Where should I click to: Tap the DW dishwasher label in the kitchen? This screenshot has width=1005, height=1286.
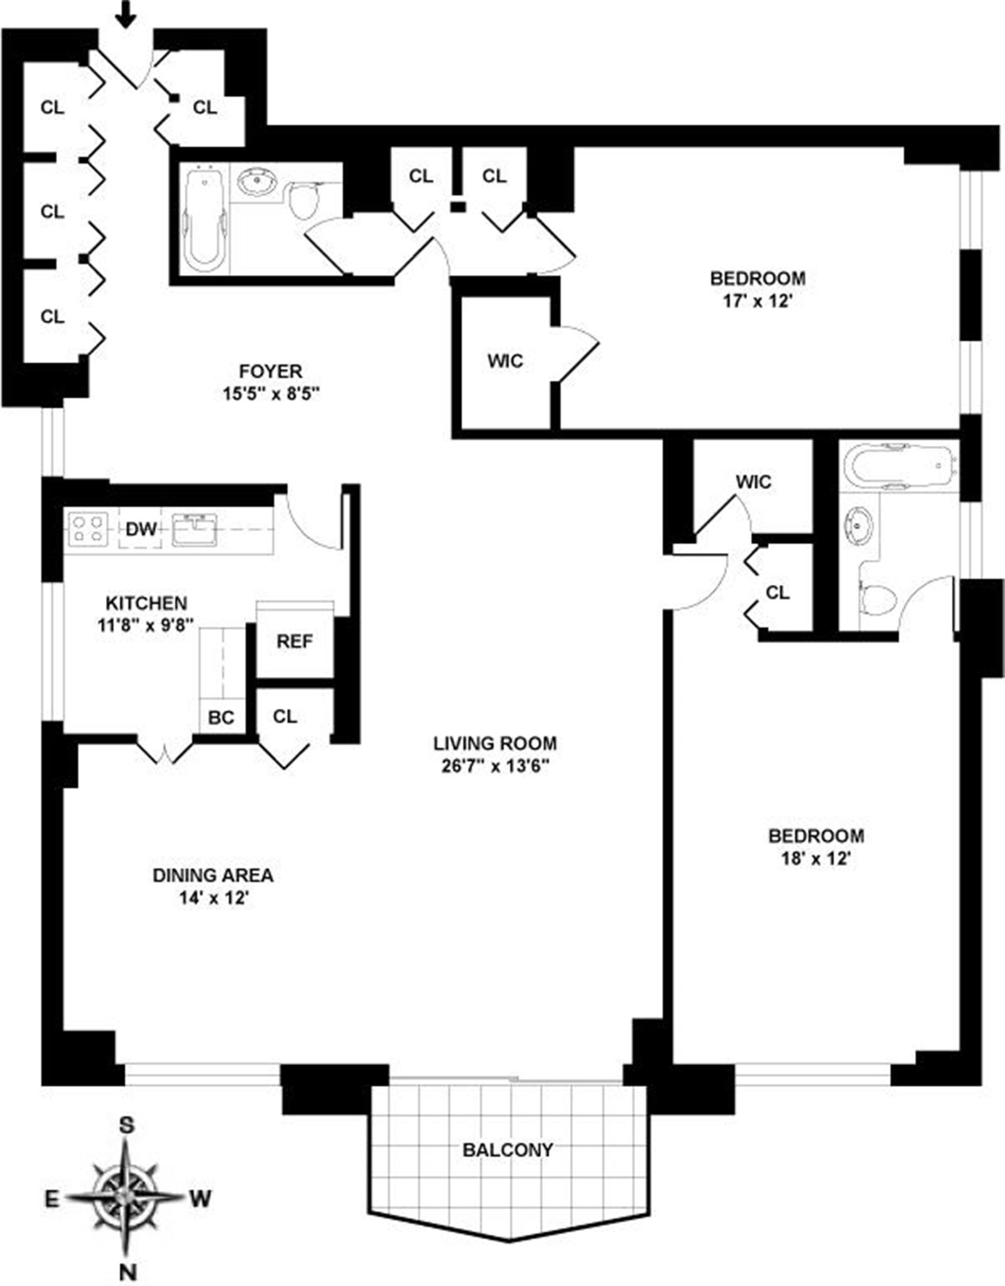(141, 529)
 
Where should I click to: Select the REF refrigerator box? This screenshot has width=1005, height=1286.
(295, 640)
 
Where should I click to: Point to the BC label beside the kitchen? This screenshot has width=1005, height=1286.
(221, 717)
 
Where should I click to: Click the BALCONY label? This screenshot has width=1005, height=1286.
(508, 1150)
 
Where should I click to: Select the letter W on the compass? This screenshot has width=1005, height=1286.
(200, 1199)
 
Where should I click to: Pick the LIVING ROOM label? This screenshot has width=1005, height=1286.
(495, 743)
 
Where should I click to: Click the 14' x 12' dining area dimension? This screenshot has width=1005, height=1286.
(214, 899)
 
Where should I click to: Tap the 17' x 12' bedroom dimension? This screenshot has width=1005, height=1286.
(758, 301)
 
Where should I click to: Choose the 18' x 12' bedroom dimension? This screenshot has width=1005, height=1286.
(815, 858)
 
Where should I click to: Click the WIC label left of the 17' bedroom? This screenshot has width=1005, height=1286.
(505, 361)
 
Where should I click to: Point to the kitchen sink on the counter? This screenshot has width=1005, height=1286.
(194, 529)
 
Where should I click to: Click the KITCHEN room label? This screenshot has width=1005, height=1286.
(146, 603)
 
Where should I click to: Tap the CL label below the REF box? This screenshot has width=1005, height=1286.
(285, 716)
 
